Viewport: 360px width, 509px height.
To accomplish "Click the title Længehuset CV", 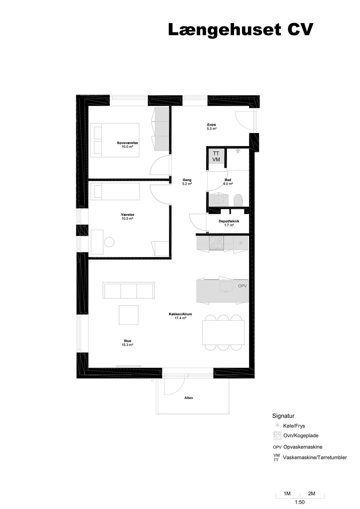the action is point(241,30).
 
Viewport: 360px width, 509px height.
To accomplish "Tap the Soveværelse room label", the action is point(127,143).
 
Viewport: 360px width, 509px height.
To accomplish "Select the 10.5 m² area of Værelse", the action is point(127,219).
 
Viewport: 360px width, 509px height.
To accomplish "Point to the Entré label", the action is point(211,125).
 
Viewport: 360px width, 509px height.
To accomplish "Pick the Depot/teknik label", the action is point(229,221).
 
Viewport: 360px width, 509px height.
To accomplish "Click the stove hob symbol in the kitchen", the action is point(216,242).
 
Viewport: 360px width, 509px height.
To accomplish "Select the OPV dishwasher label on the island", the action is point(242,286).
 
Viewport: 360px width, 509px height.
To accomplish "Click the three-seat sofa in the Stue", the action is point(129,290).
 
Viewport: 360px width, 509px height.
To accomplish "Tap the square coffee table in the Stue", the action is point(129,315).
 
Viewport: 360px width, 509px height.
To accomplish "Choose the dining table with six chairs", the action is point(223,332).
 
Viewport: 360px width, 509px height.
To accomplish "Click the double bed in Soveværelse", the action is point(115,140).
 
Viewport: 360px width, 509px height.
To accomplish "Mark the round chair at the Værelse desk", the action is point(109,242).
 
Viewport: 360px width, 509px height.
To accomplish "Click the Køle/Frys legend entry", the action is point(294,426).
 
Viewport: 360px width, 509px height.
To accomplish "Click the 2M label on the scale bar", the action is point(312,493).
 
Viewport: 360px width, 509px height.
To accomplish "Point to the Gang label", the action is point(187,180).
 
